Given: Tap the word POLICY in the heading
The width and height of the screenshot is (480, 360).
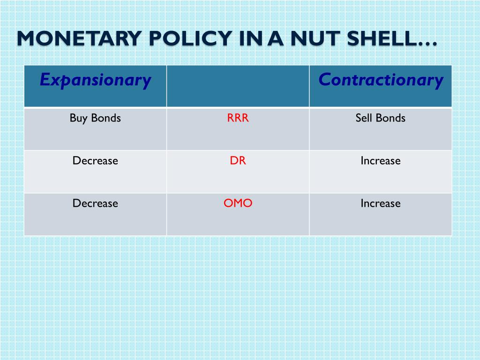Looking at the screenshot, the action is (190, 38).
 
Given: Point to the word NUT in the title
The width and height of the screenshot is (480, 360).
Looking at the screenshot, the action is (315, 38).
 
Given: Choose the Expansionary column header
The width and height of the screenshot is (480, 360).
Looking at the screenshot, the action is (96, 80).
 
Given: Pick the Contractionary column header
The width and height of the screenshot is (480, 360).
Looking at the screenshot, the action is (381, 80).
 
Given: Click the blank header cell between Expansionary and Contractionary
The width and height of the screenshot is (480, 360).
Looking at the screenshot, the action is (238, 86).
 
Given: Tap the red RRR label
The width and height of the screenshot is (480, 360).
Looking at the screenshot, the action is (238, 118).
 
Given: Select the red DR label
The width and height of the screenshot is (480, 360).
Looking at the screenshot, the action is (238, 160).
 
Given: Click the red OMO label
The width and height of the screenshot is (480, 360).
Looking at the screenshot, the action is (238, 203).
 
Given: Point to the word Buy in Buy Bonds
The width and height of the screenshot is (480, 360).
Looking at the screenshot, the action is (79, 119).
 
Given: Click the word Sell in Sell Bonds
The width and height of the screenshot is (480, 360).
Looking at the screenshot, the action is (363, 118).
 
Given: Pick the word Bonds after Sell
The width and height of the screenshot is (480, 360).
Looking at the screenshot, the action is (390, 118).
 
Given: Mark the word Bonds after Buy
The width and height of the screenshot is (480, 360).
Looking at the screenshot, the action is (106, 118).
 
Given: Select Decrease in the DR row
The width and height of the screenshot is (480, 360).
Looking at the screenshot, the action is (95, 160).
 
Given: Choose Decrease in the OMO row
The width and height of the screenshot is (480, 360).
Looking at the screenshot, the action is (95, 203).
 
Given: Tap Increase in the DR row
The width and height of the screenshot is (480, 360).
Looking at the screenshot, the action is (381, 160).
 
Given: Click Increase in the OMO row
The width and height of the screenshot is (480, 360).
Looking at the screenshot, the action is (381, 203).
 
